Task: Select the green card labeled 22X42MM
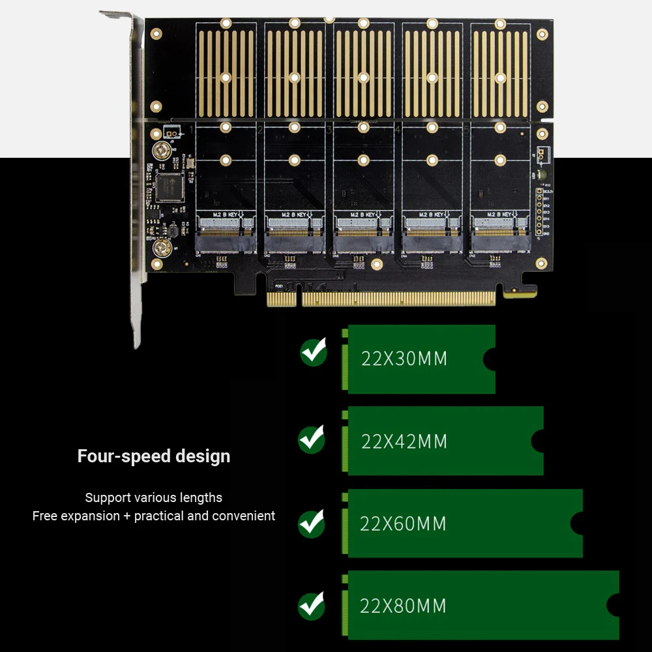pyautogui.click(x=443, y=441)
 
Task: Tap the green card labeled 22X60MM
pyautogui.click(x=463, y=524)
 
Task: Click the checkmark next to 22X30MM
pyautogui.click(x=314, y=352)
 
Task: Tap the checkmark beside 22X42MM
pyautogui.click(x=312, y=439)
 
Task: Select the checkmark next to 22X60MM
pyautogui.click(x=312, y=524)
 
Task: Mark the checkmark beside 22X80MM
pyautogui.click(x=312, y=606)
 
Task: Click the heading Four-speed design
pyautogui.click(x=154, y=456)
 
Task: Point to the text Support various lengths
pyautogui.click(x=154, y=497)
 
